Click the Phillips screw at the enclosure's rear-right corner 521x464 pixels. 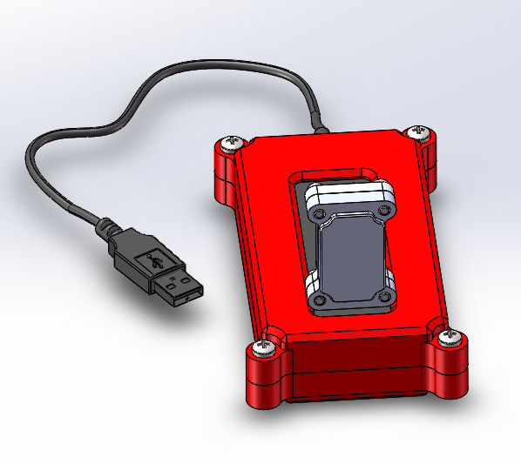click(420, 132)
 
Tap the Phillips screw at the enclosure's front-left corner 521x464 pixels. click(262, 350)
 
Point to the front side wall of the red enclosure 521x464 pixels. click(357, 366)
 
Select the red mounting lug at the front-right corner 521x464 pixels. click(448, 366)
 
